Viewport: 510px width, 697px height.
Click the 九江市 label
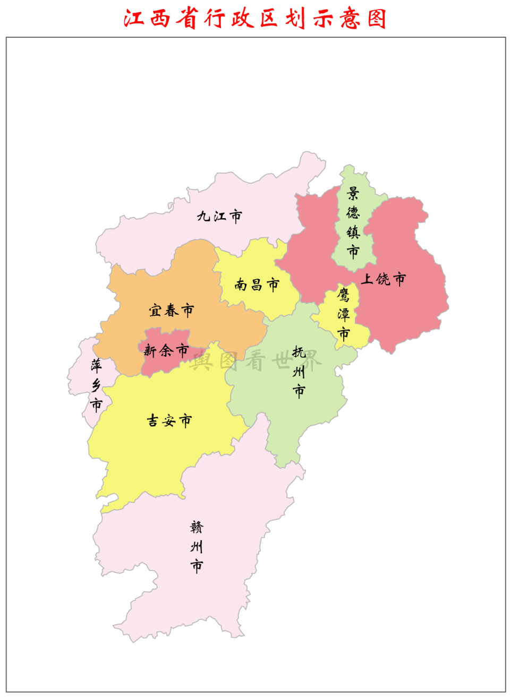click(219, 216)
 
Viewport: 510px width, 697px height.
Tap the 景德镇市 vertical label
click(353, 222)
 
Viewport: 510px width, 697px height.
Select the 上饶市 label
click(383, 279)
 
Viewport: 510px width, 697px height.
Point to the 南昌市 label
click(257, 285)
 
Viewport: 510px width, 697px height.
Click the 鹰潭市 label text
click(344, 314)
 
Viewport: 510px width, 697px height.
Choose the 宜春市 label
click(171, 310)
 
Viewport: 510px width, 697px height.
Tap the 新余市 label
click(166, 350)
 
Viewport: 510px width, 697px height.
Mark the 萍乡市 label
click(96, 385)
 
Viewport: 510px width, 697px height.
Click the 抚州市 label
click(299, 372)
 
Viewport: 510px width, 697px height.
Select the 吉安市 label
click(169, 421)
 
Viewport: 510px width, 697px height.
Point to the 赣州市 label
click(197, 547)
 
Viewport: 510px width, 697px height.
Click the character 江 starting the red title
click(134, 19)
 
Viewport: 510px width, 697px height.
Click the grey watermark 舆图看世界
click(255, 361)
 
